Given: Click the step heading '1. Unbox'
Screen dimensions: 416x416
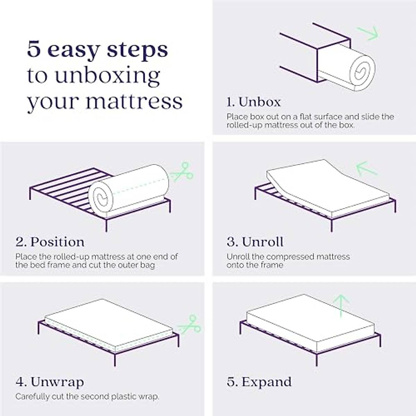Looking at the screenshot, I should [x=253, y=102].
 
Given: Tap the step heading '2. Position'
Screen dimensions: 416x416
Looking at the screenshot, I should [x=50, y=242].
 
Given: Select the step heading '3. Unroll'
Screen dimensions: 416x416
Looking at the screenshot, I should [x=255, y=242].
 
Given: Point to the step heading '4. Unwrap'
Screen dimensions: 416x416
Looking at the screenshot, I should [x=50, y=382].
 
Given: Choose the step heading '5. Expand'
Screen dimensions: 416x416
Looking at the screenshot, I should [x=259, y=382].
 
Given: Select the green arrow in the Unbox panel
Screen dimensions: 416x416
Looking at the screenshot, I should [x=369, y=33].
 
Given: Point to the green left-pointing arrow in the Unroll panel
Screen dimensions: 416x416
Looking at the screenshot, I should [x=366, y=169].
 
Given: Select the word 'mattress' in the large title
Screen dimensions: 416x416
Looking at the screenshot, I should [x=134, y=101].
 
